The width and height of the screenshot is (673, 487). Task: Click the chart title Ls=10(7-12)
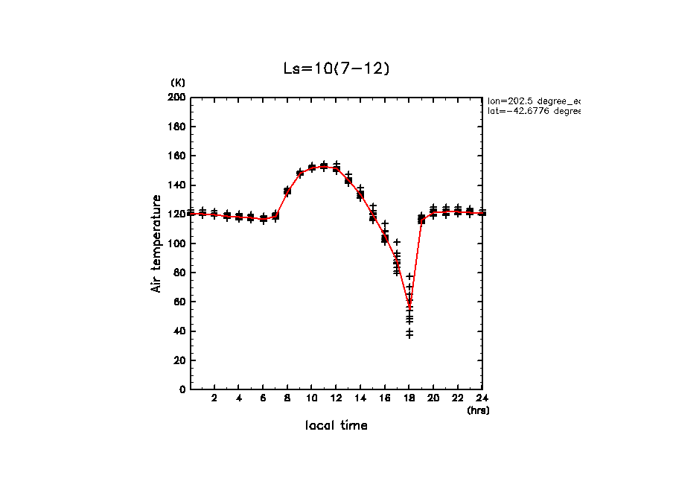point(336,69)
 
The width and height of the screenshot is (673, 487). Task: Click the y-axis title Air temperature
point(157,244)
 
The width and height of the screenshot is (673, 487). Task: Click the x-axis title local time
point(336,425)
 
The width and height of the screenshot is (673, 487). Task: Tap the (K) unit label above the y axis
point(178,82)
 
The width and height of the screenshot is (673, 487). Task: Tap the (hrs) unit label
point(478,410)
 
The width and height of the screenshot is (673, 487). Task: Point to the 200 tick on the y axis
point(176,98)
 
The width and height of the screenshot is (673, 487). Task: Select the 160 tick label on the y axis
point(176,156)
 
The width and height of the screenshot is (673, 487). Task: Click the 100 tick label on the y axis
point(176,244)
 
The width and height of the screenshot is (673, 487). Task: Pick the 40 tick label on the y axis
point(179,331)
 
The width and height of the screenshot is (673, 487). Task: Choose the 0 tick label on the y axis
point(182,389)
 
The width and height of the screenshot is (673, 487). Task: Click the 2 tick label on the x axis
point(214,398)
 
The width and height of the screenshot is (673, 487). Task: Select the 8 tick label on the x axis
point(287,398)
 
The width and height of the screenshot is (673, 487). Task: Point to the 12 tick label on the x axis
point(336,398)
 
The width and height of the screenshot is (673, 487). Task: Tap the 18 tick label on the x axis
point(409,398)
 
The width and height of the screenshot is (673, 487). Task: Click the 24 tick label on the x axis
point(482,398)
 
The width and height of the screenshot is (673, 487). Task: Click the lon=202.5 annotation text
point(533,100)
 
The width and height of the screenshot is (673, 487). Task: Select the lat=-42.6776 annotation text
point(533,111)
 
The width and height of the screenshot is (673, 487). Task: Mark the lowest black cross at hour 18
point(409,336)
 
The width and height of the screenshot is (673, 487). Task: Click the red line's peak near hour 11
point(324,167)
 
